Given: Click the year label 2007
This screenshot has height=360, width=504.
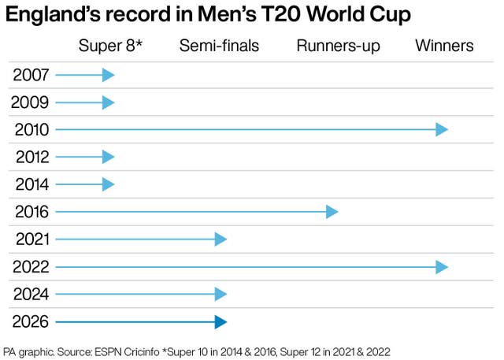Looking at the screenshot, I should [31, 76].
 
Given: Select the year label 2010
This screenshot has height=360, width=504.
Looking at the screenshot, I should [31, 130].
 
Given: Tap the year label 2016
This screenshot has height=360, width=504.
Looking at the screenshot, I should [31, 212].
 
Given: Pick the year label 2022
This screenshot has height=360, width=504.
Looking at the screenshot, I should [31, 267].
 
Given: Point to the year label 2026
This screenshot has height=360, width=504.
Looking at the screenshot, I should [31, 322].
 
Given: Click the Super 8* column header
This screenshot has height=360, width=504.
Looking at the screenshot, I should [110, 46].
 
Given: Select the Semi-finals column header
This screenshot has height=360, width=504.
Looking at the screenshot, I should [219, 46].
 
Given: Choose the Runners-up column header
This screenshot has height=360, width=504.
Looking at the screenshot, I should [338, 46].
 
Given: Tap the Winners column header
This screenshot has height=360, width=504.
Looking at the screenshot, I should [444, 46].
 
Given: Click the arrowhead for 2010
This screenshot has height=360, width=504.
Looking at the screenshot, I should [443, 130].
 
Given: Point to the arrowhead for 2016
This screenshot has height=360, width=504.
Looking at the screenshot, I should [332, 212].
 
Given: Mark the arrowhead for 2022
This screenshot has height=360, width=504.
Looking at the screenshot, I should [443, 267].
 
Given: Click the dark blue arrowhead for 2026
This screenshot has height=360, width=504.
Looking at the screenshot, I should [221, 322].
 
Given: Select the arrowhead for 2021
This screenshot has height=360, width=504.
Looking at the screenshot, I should [221, 239].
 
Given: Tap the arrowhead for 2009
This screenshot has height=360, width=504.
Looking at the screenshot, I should [109, 102].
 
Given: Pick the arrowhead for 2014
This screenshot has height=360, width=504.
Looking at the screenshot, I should [109, 185].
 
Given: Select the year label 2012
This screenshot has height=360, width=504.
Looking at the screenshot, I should [31, 158].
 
